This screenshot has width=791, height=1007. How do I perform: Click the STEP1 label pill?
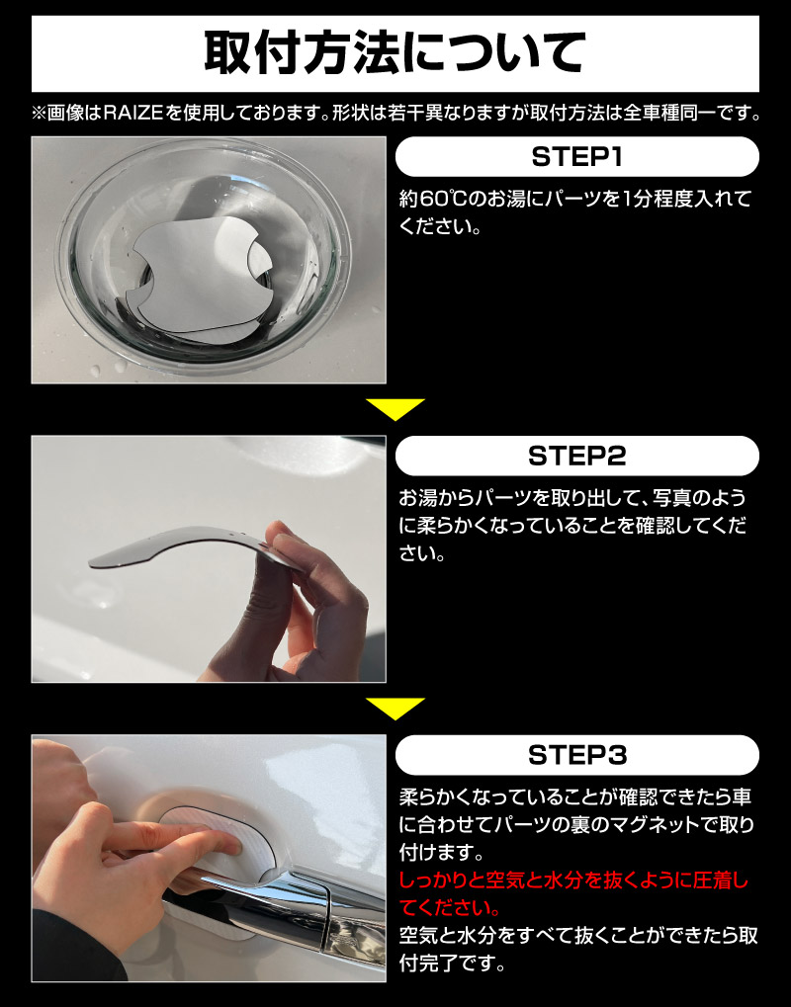(576, 157)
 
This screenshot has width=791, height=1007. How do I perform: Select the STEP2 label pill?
(576, 457)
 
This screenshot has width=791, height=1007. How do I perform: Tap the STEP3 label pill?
(576, 756)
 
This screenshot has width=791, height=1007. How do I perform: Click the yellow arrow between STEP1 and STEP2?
(395, 408)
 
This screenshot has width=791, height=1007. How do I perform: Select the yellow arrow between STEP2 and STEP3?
(395, 708)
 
